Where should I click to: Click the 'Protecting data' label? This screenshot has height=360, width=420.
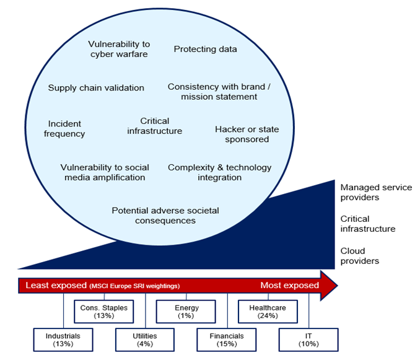(x=205, y=49)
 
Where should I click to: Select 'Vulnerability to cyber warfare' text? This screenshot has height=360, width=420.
(x=118, y=50)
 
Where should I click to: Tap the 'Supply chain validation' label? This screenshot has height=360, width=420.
(x=96, y=88)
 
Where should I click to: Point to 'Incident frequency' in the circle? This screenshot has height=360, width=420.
(x=64, y=129)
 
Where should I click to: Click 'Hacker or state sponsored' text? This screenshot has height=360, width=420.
(x=247, y=134)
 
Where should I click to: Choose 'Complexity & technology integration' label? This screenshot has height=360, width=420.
(x=219, y=172)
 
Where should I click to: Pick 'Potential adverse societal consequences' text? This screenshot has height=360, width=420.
(x=165, y=216)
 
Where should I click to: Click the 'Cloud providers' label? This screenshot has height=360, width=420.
(x=359, y=256)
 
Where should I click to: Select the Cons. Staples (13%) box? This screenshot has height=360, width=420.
(x=103, y=311)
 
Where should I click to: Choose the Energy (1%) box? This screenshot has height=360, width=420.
(x=185, y=311)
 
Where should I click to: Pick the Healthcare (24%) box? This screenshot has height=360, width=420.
(x=267, y=311)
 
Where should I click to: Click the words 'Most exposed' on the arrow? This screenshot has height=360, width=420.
(x=290, y=286)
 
